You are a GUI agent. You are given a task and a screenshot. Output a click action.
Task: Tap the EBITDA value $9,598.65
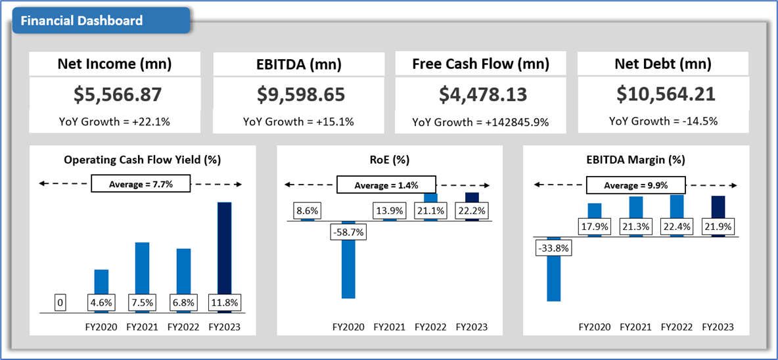click(x=300, y=95)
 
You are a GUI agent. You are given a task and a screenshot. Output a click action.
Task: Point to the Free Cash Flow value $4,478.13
click(x=483, y=95)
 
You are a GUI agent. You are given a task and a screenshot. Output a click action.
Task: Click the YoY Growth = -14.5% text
click(x=663, y=121)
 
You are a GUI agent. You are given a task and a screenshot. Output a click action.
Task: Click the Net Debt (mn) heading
click(x=663, y=64)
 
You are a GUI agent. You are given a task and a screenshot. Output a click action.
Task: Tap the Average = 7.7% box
click(x=140, y=184)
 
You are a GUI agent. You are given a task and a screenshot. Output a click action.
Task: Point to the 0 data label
click(x=60, y=303)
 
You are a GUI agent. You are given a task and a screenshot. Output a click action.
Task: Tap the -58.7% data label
click(x=348, y=232)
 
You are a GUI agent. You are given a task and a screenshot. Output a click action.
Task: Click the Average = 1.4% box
click(x=386, y=185)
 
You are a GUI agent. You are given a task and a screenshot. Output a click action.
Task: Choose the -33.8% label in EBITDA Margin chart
click(x=552, y=248)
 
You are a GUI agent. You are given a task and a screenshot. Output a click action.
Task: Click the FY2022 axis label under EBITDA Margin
click(x=677, y=326)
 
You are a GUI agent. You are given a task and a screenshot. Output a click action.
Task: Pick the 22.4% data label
click(x=677, y=227)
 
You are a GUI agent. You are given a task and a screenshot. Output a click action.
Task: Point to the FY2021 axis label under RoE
click(x=389, y=326)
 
